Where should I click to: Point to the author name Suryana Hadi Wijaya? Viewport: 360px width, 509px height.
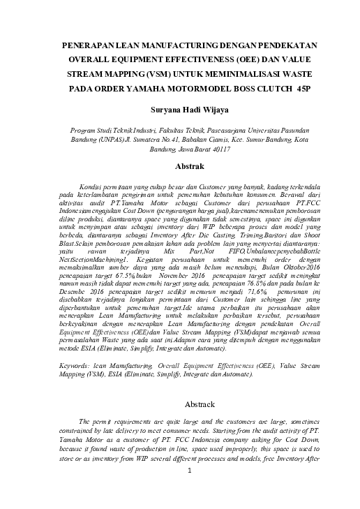point(181,110)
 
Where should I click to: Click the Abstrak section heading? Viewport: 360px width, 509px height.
point(180,168)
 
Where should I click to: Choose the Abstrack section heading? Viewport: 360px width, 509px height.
point(180,404)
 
